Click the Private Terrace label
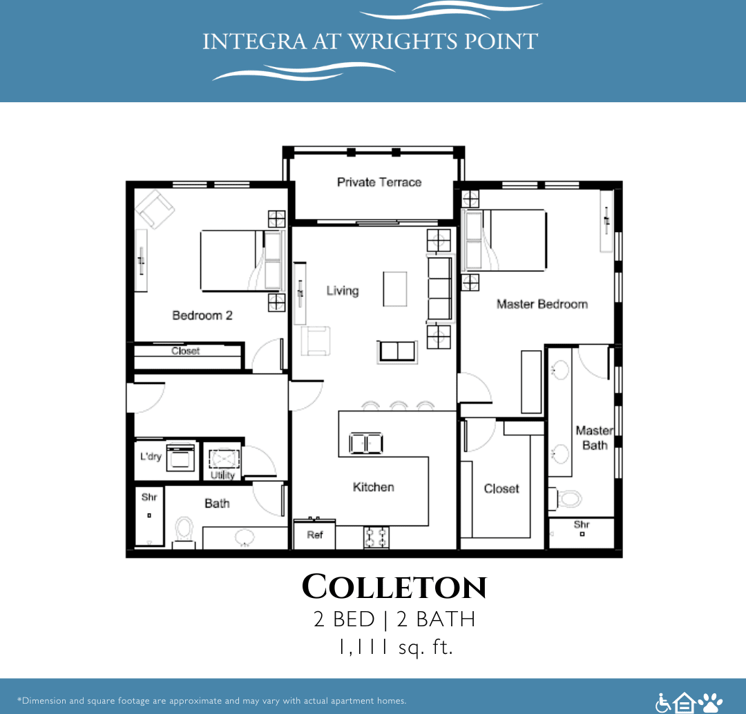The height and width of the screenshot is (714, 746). pyautogui.click(x=379, y=182)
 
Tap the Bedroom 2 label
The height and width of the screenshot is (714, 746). pyautogui.click(x=202, y=316)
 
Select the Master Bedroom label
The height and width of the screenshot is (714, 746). pyautogui.click(x=542, y=304)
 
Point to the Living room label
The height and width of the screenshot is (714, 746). pyautogui.click(x=343, y=291)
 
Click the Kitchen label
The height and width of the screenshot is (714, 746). pyautogui.click(x=373, y=487)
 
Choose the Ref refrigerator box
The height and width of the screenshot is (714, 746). pyautogui.click(x=314, y=535)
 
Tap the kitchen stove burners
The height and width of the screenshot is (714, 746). pyautogui.click(x=376, y=537)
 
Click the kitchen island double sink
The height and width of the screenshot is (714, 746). pyautogui.click(x=366, y=443)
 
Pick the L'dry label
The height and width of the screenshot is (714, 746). pyautogui.click(x=151, y=456)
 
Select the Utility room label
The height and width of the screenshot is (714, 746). pyautogui.click(x=222, y=475)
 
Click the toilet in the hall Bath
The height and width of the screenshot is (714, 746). pyautogui.click(x=184, y=530)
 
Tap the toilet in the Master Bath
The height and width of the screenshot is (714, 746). pyautogui.click(x=568, y=498)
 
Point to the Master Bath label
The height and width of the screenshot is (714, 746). pyautogui.click(x=594, y=438)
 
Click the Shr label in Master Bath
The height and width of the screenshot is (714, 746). pyautogui.click(x=582, y=525)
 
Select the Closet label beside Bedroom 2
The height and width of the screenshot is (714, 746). pyautogui.click(x=185, y=351)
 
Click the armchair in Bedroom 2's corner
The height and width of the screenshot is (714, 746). pyautogui.click(x=155, y=209)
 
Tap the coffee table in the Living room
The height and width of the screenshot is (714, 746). pyautogui.click(x=395, y=289)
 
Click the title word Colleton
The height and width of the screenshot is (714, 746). pyautogui.click(x=394, y=588)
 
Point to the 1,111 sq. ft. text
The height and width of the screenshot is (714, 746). pyautogui.click(x=394, y=648)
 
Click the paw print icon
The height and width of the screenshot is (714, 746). pyautogui.click(x=710, y=702)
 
